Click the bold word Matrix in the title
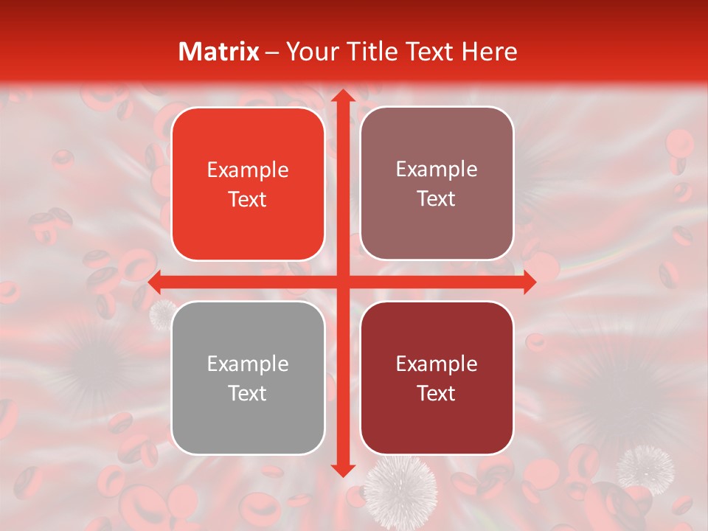coord(219,52)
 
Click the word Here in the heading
coord(490,52)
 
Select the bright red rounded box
coord(248,184)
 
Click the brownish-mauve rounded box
coord(437,184)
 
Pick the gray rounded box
coord(248,378)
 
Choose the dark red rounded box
coord(437,378)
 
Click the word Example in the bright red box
coord(248,170)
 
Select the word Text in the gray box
coord(248,393)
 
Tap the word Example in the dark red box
coord(437,364)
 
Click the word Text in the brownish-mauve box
coord(437,199)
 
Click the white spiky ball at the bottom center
coord(400,490)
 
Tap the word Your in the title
coord(308,52)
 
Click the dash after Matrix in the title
coord(272,52)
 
